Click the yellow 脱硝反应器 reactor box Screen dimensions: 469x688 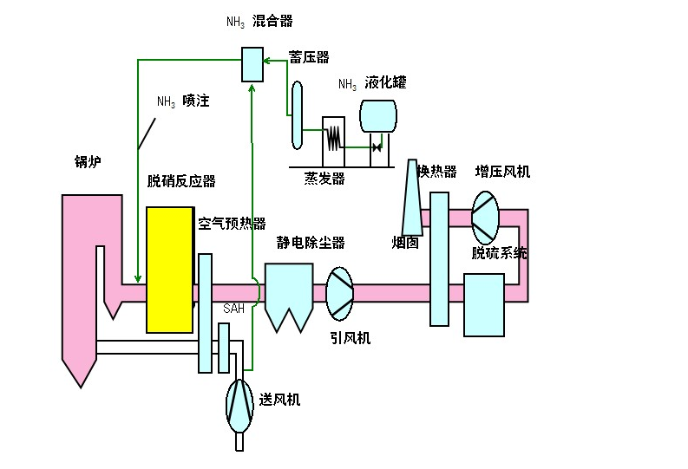(x=169, y=270)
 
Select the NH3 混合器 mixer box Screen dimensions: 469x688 (x=252, y=64)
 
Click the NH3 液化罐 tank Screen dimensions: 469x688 (x=377, y=117)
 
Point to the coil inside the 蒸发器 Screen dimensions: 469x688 (x=332, y=136)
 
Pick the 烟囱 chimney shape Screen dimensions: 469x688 (x=412, y=199)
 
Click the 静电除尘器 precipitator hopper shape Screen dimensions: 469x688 (x=289, y=294)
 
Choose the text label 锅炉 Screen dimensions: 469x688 (x=88, y=161)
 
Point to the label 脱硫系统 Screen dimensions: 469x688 (x=499, y=254)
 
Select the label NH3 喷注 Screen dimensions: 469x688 (x=183, y=101)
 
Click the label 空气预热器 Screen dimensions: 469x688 (x=232, y=223)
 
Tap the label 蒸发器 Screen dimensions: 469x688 (x=324, y=179)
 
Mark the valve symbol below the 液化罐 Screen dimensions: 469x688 (x=377, y=148)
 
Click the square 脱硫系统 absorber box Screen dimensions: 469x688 (x=483, y=304)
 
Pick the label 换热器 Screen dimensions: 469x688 (x=437, y=172)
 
